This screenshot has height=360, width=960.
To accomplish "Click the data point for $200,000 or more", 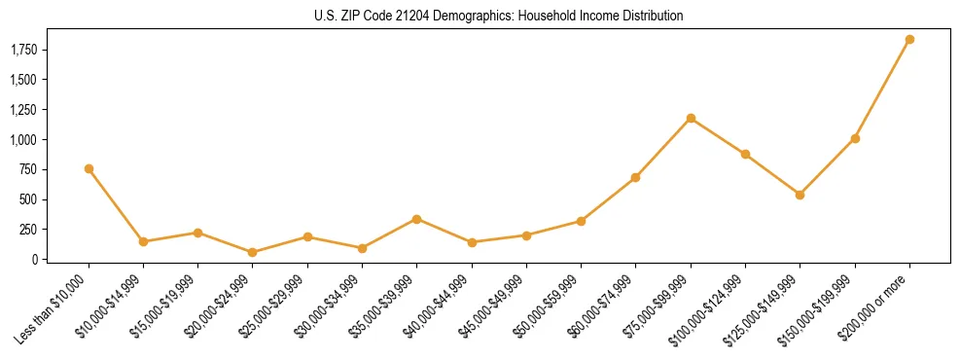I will [x=909, y=40].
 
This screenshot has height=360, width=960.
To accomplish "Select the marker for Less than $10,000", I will [x=89, y=168].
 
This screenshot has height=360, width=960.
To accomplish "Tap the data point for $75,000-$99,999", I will [x=691, y=118].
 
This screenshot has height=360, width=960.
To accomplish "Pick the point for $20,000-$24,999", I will [x=253, y=252].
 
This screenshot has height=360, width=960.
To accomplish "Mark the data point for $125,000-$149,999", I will [x=800, y=195].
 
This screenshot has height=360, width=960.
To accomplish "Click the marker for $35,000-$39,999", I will [x=416, y=219].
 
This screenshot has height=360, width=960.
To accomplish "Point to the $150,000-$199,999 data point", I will [x=855, y=138].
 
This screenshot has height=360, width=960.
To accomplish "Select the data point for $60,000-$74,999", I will [x=635, y=177].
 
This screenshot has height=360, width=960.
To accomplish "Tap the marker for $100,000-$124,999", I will [x=745, y=154].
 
